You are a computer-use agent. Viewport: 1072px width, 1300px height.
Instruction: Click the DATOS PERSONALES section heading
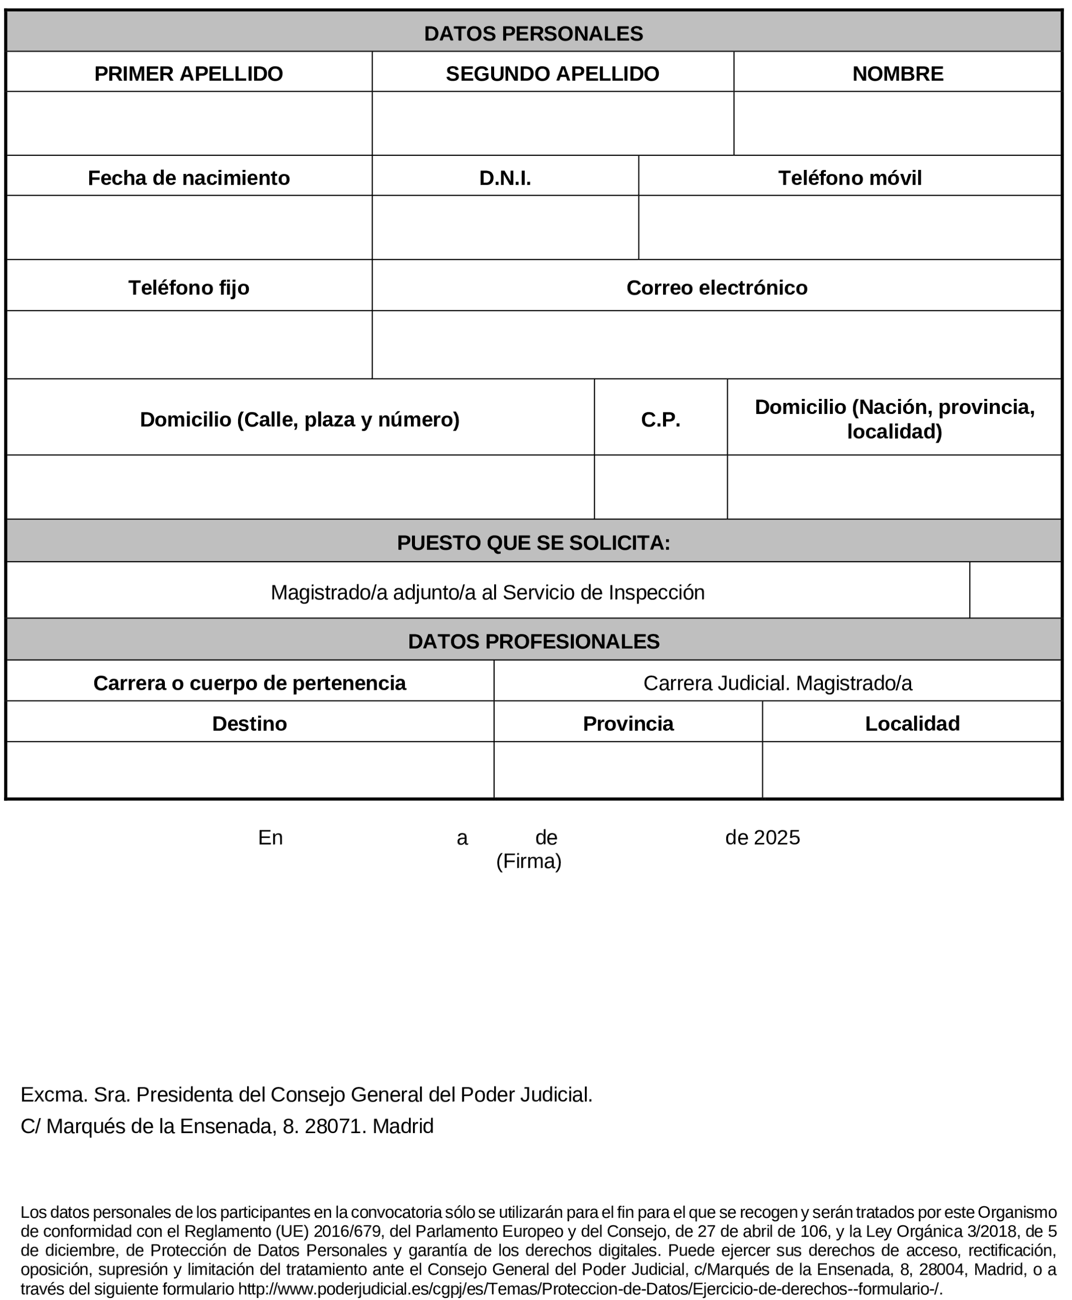pyautogui.click(x=533, y=33)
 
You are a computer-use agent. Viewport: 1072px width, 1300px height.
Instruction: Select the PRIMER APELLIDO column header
pyautogui.click(x=189, y=74)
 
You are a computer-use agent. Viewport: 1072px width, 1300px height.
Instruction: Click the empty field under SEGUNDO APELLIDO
pyautogui.click(x=552, y=124)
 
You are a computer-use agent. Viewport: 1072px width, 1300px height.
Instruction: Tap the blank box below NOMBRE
pyautogui.click(x=897, y=124)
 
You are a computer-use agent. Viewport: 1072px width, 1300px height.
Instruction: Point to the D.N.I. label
pyautogui.click(x=505, y=178)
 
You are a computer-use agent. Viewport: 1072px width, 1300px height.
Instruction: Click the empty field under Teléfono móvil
pyautogui.click(x=849, y=227)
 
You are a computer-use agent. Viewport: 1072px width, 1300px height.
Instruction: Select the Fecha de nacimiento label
pyautogui.click(x=189, y=178)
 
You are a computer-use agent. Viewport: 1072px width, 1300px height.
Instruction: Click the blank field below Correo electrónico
pyautogui.click(x=717, y=344)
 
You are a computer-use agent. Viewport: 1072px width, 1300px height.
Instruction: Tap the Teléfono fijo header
pyautogui.click(x=189, y=288)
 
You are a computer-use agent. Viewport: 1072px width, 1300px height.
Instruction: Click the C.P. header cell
pyautogui.click(x=660, y=420)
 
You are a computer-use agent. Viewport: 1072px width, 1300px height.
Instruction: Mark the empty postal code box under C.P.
pyautogui.click(x=660, y=487)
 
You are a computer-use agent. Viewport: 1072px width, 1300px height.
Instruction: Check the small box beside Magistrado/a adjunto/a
pyautogui.click(x=1015, y=590)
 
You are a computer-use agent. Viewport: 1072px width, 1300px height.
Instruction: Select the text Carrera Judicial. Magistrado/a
pyautogui.click(x=777, y=683)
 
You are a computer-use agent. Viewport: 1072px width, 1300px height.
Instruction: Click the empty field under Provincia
pyautogui.click(x=627, y=770)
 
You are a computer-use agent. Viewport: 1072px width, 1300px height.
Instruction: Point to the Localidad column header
pyautogui.click(x=912, y=723)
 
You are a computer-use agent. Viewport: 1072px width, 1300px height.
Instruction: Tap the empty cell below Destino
pyautogui.click(x=250, y=770)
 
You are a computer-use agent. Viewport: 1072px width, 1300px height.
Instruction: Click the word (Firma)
pyautogui.click(x=528, y=861)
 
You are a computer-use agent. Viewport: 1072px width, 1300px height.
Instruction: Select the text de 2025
pyautogui.click(x=762, y=838)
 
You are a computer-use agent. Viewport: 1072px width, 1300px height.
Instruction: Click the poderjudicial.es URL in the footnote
pyautogui.click(x=590, y=1289)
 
